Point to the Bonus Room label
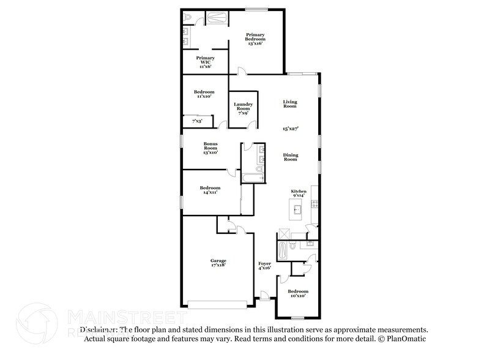click(x=211, y=148)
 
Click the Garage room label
click(x=218, y=263)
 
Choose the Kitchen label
click(x=298, y=193)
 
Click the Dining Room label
click(x=290, y=157)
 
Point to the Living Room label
click(x=289, y=103)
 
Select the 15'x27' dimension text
click(x=289, y=129)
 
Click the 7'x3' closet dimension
click(x=197, y=122)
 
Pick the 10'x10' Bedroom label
click(x=298, y=293)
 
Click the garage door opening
click(x=217, y=304)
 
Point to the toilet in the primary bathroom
click(x=188, y=18)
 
